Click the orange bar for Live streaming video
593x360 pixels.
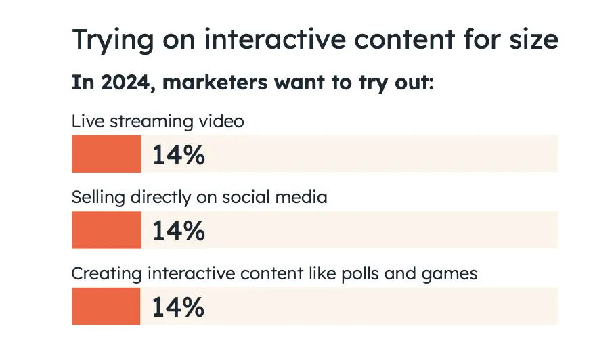click(x=106, y=154)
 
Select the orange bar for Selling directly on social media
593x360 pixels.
click(x=106, y=229)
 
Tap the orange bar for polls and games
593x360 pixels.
click(x=106, y=306)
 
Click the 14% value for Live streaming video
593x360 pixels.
click(x=178, y=154)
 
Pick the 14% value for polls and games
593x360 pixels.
click(x=178, y=307)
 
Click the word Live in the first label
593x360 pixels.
click(x=84, y=121)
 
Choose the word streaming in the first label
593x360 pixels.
click(x=137, y=122)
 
